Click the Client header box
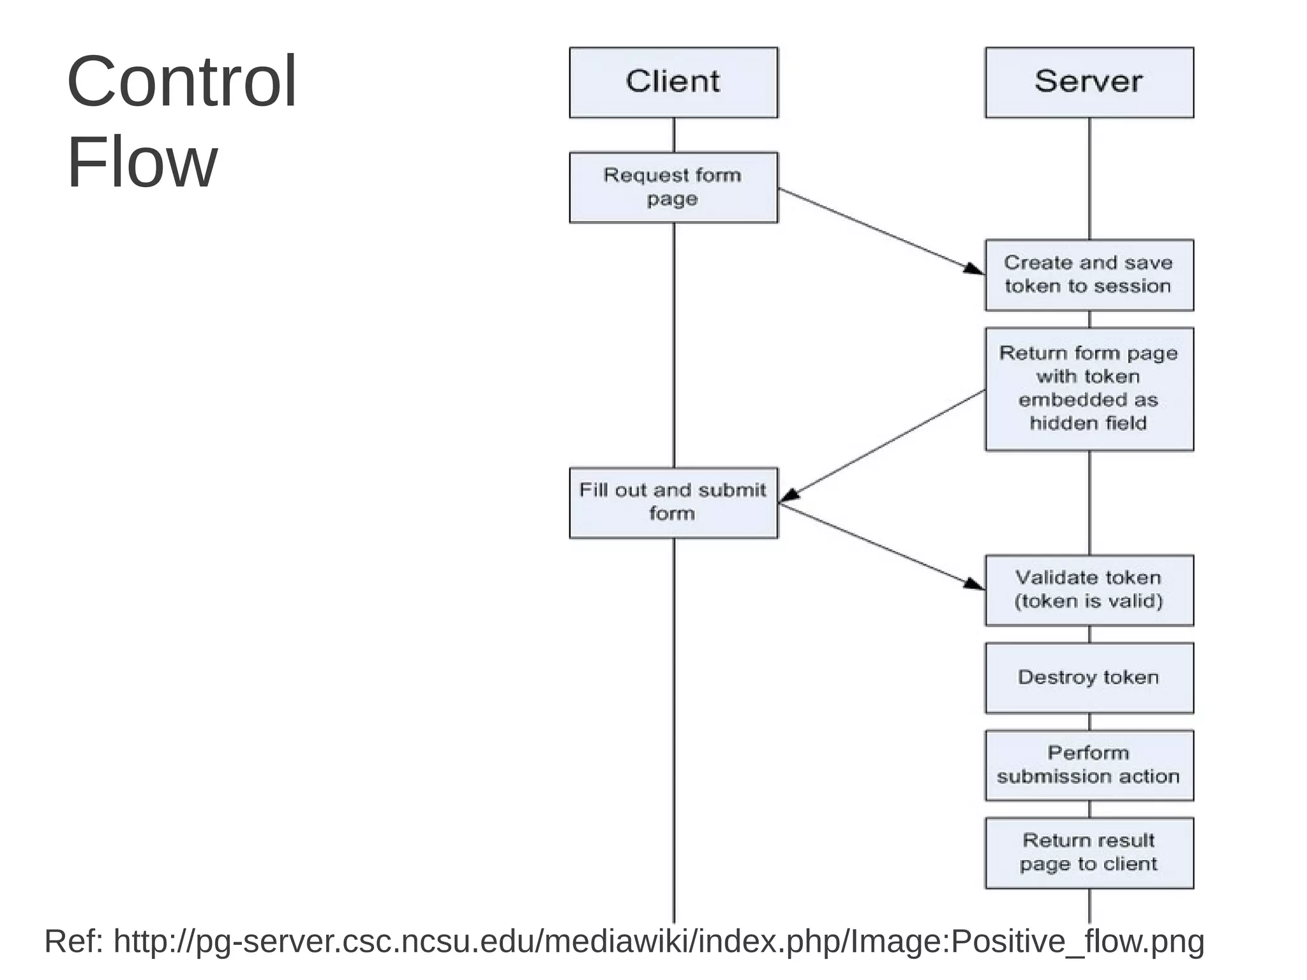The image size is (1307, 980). [673, 82]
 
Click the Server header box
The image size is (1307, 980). [1089, 82]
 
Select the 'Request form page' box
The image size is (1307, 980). [673, 187]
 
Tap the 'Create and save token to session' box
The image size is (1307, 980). [1089, 275]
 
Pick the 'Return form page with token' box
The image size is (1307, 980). [1089, 389]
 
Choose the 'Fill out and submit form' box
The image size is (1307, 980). [673, 502]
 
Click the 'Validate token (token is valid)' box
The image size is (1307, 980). [1089, 590]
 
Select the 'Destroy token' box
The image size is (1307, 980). [1089, 677]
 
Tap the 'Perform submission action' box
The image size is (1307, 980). [1089, 765]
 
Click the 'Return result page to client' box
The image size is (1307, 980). [1089, 852]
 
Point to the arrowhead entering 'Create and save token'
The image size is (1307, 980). [975, 269]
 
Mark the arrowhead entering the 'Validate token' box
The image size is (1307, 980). [975, 584]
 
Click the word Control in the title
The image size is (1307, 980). [182, 82]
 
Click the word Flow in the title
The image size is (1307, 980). [142, 162]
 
